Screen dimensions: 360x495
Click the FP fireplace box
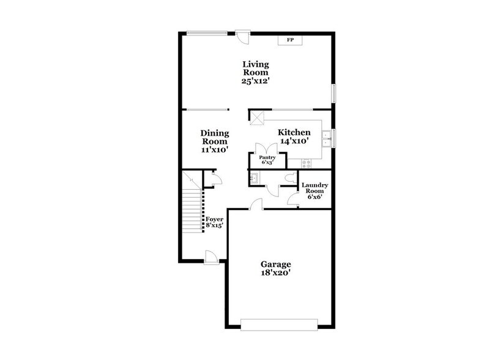[291, 40]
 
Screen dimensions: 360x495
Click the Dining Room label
[214, 137]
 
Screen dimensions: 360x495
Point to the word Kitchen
[294, 132]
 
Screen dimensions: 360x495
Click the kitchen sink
[328, 137]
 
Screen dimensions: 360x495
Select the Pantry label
[267, 157]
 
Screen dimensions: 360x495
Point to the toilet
[291, 178]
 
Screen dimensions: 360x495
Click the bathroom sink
[253, 178]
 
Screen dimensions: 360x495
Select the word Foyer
[214, 219]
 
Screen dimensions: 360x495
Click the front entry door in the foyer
[211, 257]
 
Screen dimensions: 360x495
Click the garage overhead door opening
[279, 325]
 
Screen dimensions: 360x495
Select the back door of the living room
[244, 37]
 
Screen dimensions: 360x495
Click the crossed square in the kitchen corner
[258, 118]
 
